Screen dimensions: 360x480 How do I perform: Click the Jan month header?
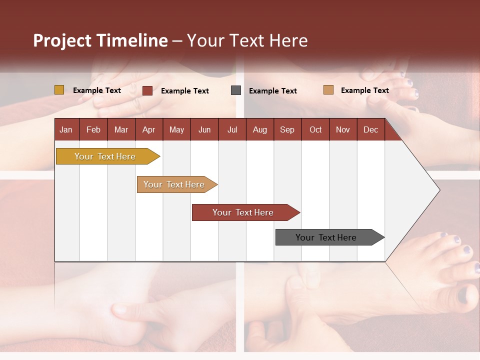(66, 129)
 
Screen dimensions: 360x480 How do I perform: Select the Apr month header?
(148, 129)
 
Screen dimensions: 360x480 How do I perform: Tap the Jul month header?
(232, 129)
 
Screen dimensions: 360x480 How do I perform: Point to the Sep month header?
(287, 129)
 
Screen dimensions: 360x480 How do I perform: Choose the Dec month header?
(370, 129)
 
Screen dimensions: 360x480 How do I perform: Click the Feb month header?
(93, 129)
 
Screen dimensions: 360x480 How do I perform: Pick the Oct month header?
(315, 129)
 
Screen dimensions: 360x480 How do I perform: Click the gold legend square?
(59, 90)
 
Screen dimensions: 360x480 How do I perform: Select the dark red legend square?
(147, 90)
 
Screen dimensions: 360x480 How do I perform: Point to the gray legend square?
(236, 90)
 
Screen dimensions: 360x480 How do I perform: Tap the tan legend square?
(328, 90)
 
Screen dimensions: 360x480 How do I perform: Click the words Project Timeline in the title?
(100, 40)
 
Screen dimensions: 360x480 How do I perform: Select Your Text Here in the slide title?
(247, 40)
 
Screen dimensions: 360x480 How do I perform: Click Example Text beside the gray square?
(272, 91)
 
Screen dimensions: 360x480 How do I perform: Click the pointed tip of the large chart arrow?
(438, 190)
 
